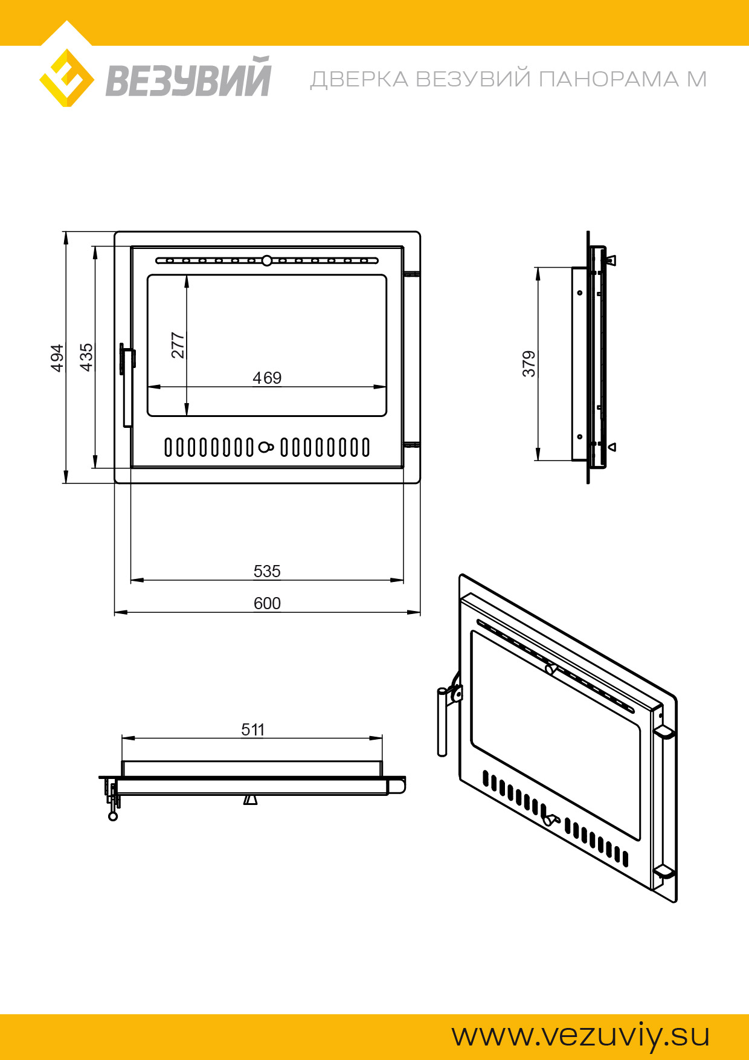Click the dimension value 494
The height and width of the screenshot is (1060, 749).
coord(57,358)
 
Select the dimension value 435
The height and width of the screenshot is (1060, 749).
coord(86,357)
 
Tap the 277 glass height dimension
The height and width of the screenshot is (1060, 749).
coord(178,345)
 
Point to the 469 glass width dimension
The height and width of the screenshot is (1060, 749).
coord(267,378)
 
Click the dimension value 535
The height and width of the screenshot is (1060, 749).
coord(267,571)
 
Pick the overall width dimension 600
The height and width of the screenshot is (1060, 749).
coord(267,603)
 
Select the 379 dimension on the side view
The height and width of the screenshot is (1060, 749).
coord(529,364)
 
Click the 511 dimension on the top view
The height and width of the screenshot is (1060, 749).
coord(253,729)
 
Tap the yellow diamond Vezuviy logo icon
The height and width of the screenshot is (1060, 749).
coord(66,79)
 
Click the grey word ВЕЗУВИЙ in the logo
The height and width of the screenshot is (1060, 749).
coord(188,79)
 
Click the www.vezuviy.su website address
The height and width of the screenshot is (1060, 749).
coord(580,1035)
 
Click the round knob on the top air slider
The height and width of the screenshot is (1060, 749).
coord(267,261)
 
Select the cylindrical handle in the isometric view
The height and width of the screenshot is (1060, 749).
coord(442,722)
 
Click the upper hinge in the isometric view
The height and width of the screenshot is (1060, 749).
coord(664,732)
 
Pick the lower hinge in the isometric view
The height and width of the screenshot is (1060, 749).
coord(664,871)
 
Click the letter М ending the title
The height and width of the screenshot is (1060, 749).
coord(696,79)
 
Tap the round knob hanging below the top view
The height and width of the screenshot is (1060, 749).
coord(113,816)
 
